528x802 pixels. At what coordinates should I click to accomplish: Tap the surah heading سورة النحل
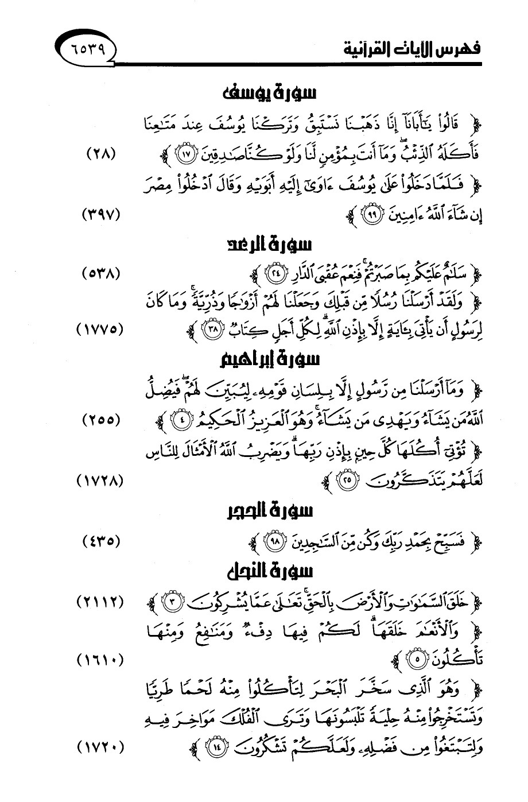[x=269, y=572]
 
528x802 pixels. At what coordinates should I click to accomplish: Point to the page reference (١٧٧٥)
[x=100, y=330]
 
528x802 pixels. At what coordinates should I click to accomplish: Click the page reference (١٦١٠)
[x=100, y=661]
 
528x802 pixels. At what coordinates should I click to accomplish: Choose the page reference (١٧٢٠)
[x=100, y=747]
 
